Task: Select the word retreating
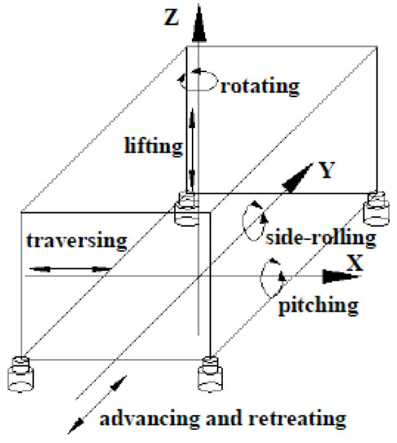click(x=304, y=419)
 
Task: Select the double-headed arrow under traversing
click(x=69, y=269)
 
